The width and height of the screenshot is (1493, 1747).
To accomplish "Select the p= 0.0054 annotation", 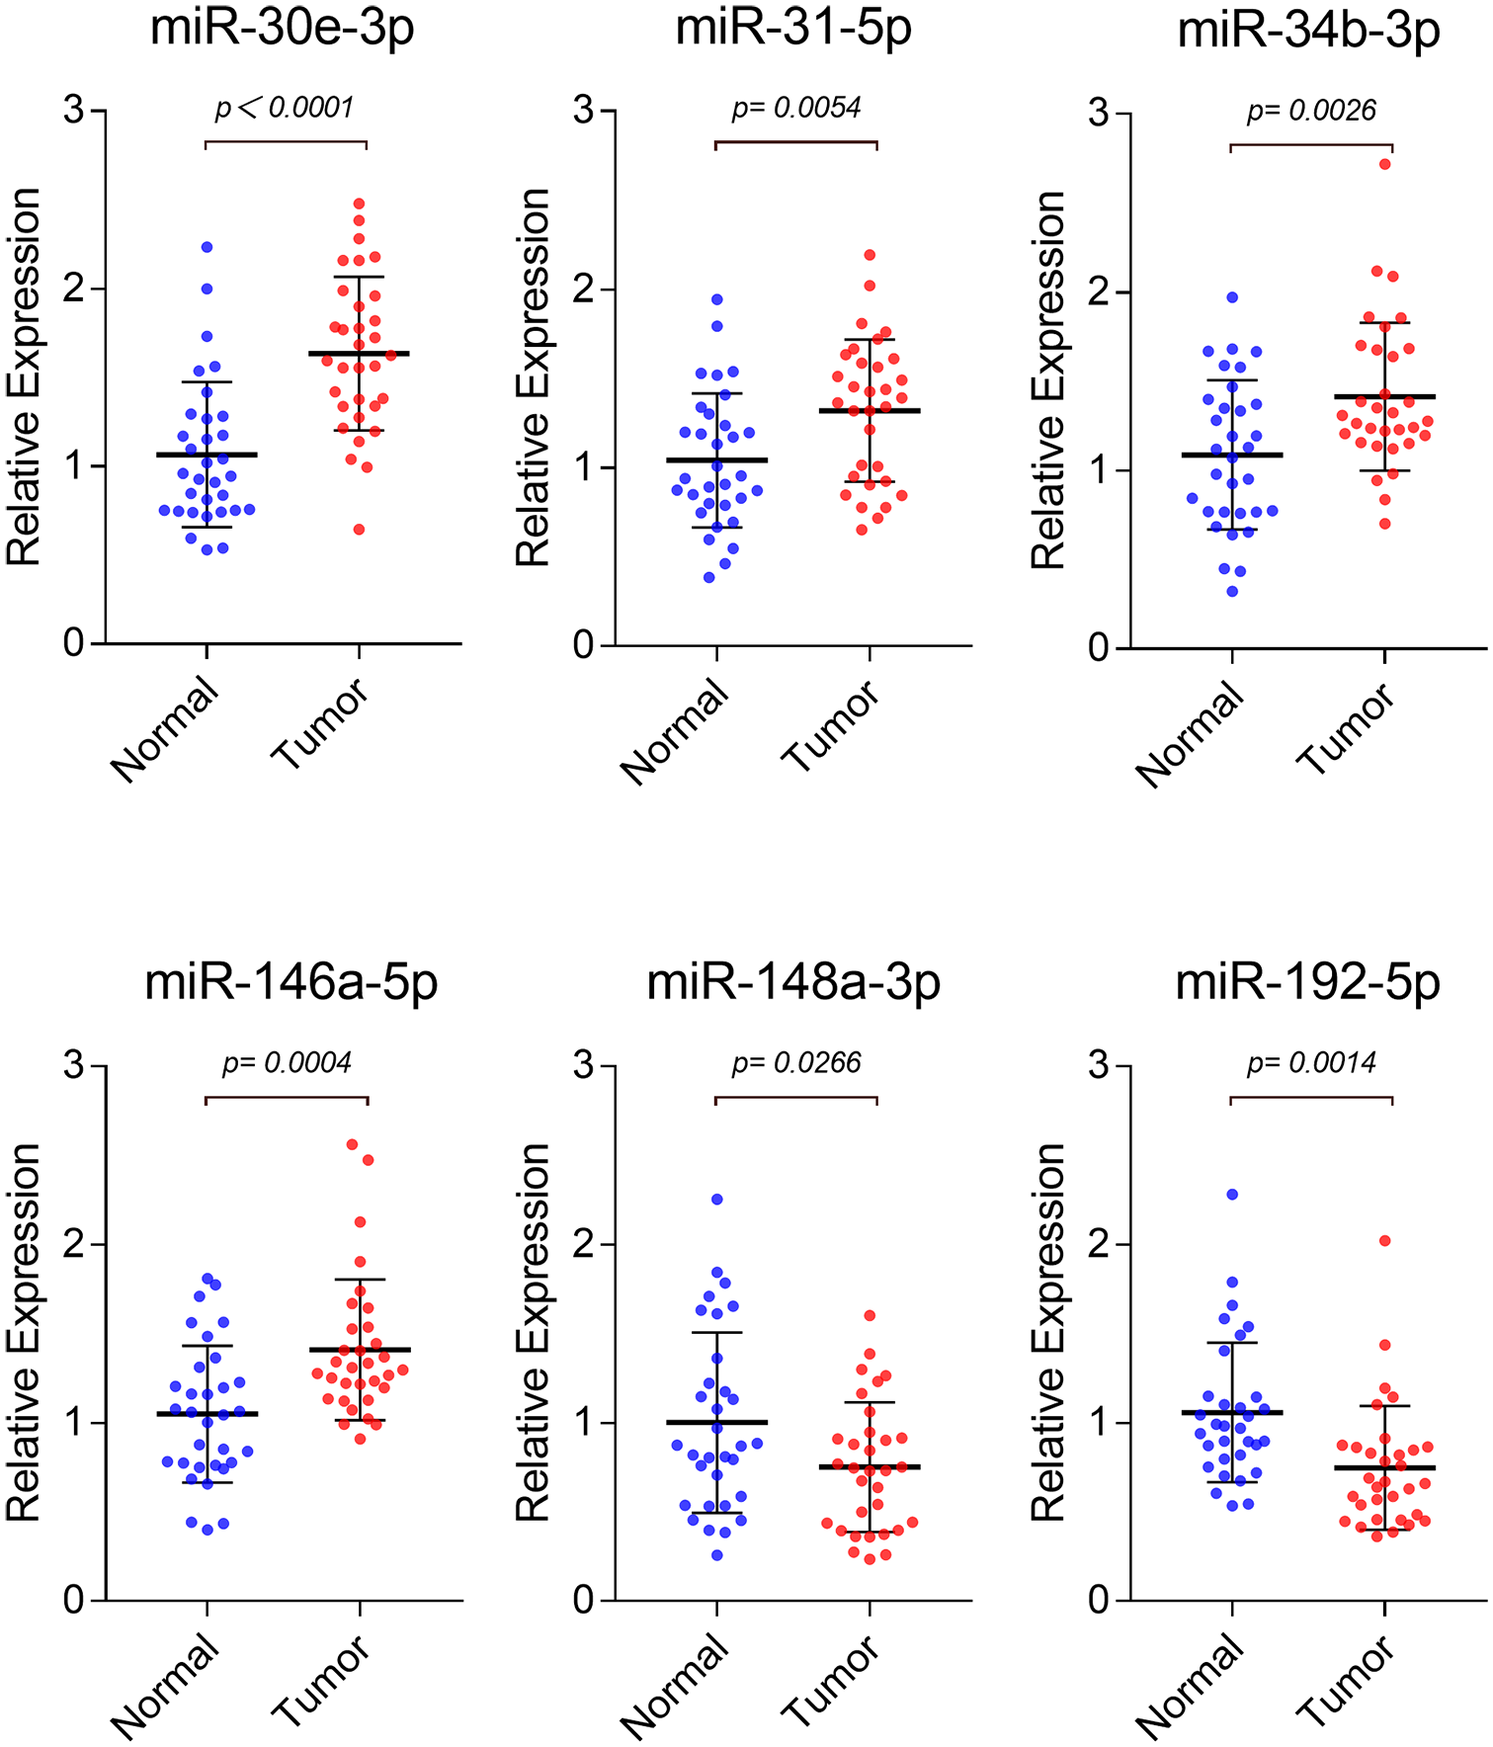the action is [796, 108].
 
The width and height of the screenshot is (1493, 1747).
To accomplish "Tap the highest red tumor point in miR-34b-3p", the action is [1385, 164].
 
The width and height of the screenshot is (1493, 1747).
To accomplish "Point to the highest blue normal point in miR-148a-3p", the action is [717, 1200].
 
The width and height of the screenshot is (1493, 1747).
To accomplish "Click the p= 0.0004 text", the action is [287, 1063].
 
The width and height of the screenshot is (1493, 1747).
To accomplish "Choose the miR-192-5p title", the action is [1307, 982].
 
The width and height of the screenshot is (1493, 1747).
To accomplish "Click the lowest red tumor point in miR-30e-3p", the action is [360, 530].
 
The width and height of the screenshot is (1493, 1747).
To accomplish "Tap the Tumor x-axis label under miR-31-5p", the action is [830, 726].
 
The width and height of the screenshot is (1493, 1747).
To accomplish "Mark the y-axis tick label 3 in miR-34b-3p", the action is [1098, 114].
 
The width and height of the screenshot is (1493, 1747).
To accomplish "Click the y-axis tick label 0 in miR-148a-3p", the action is [584, 1601].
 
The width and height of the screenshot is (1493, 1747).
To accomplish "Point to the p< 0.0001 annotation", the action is [285, 108].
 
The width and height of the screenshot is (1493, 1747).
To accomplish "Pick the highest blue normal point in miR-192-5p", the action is [1232, 1195].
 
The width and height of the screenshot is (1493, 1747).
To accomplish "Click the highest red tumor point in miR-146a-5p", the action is [352, 1144].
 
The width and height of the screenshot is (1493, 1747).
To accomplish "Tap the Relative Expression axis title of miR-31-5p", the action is [533, 377].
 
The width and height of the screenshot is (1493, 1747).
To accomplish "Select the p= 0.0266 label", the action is [796, 1063].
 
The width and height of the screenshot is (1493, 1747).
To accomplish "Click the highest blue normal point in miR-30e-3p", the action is [207, 247].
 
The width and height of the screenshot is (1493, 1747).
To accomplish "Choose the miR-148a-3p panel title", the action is [793, 982].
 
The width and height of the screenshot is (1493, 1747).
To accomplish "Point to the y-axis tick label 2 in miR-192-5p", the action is [1098, 1244].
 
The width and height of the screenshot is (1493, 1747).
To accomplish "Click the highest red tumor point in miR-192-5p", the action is [1385, 1240].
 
